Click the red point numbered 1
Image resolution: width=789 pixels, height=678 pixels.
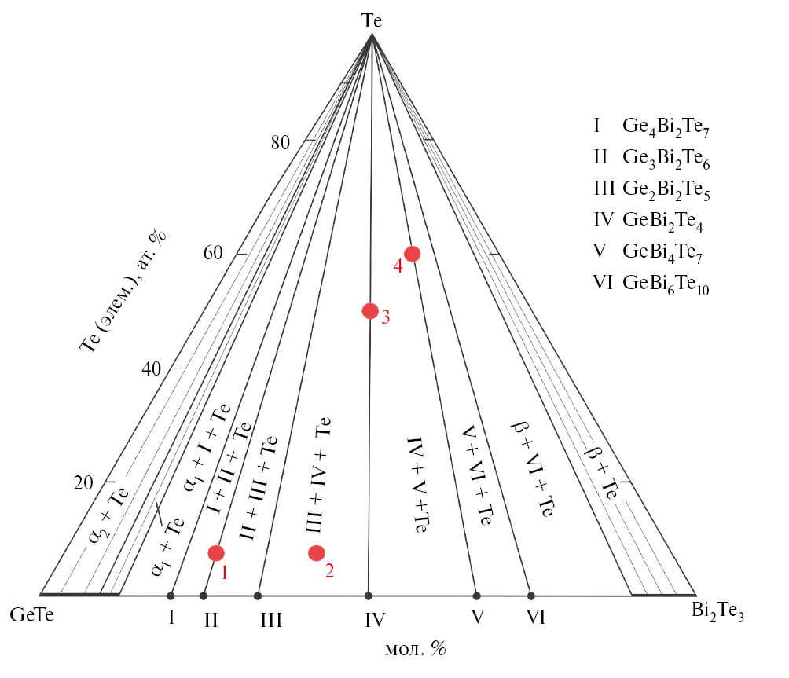point(216,553)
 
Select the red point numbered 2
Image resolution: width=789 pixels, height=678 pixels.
point(317,553)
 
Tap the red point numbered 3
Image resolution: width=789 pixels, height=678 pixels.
point(370,311)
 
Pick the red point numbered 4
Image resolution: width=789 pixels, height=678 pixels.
point(413,254)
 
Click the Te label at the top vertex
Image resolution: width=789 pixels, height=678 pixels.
point(372,21)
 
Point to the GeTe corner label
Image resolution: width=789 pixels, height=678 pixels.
point(31,614)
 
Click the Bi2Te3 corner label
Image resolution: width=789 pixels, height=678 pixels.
point(717,611)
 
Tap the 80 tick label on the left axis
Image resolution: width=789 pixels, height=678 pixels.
point(281,143)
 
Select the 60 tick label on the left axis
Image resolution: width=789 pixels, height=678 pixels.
point(213,252)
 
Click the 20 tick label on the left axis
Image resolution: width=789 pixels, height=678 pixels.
point(83,483)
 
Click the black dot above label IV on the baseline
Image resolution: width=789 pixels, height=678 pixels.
point(369,596)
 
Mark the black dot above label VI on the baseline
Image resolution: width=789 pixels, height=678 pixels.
point(531,596)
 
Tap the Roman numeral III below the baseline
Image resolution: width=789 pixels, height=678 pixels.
point(271,620)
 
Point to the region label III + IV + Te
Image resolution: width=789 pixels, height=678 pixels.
point(318,475)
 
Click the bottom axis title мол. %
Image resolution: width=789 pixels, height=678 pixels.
point(416,649)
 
